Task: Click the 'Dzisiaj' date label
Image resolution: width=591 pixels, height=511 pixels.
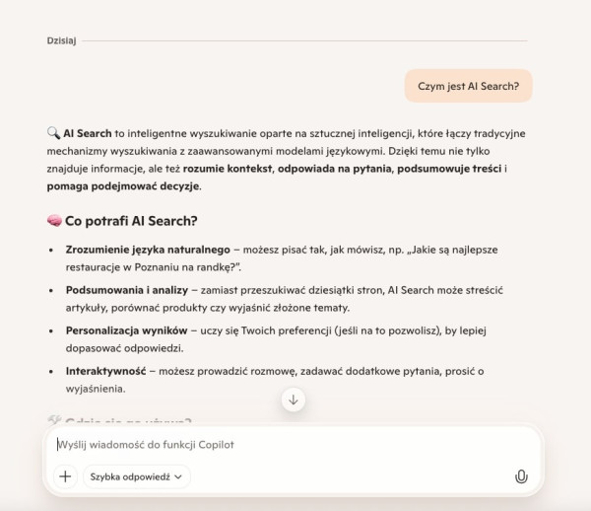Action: point(61,40)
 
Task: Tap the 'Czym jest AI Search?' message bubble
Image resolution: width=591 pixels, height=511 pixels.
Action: point(468,86)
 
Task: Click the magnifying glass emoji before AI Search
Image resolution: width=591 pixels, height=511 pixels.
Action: point(53,132)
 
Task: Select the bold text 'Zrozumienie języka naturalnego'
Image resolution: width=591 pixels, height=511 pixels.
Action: point(148,250)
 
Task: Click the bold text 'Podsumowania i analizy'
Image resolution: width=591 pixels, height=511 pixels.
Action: point(126,291)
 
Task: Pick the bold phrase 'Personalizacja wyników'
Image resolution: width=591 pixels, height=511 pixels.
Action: point(126,330)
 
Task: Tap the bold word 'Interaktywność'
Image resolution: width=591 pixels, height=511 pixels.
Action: point(105,371)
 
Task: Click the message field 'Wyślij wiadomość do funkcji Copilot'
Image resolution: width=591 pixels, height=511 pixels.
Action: point(286,445)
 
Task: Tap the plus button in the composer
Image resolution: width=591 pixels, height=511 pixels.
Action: point(65,476)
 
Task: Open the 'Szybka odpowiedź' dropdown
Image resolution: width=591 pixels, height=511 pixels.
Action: point(137,476)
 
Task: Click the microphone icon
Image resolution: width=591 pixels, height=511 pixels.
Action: point(521,476)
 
